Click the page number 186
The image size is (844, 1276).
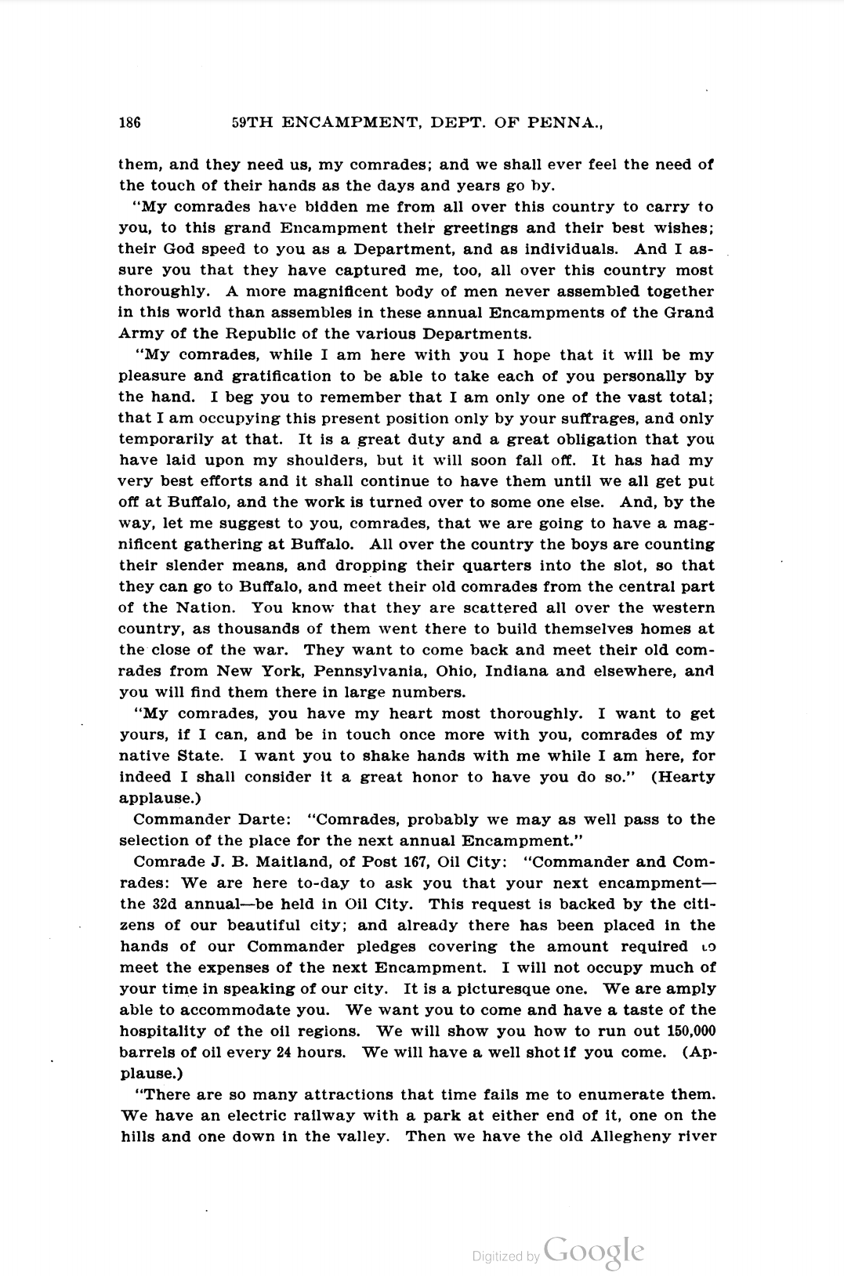click(129, 122)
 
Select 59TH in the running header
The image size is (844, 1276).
click(252, 122)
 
